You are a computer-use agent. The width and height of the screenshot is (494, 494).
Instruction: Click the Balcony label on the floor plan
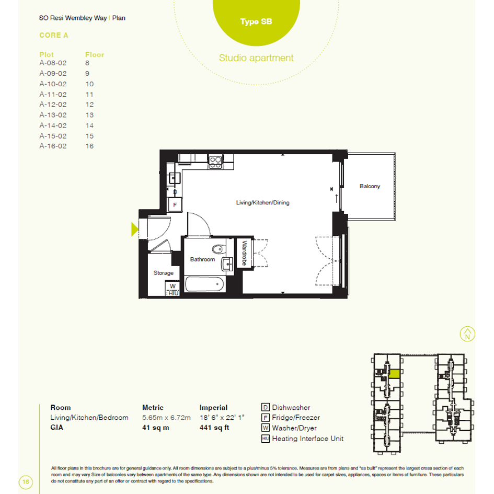[x=370, y=186]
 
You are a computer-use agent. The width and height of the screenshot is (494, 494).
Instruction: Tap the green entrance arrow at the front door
[x=134, y=229]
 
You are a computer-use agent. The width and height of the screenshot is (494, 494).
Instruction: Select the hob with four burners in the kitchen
[x=215, y=162]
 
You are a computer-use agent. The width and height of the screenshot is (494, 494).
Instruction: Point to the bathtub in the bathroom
[x=204, y=284]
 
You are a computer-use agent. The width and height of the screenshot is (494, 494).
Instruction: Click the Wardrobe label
[x=244, y=253]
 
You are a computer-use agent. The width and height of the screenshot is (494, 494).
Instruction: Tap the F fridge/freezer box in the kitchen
[x=175, y=205]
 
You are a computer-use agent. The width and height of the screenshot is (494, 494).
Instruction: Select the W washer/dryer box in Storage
[x=173, y=286]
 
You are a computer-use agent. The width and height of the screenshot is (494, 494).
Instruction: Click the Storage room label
[x=163, y=273]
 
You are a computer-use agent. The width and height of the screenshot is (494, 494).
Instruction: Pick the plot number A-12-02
[x=53, y=104]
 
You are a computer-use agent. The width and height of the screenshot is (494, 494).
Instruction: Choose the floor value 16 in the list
[x=89, y=146]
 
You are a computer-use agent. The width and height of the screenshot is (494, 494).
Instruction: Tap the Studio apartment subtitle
[x=256, y=58]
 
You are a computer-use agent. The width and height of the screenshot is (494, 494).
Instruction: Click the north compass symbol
[x=467, y=334]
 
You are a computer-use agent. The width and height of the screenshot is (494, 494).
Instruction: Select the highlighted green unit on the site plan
[x=395, y=374]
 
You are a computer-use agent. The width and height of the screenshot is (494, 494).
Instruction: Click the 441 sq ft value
[x=214, y=428]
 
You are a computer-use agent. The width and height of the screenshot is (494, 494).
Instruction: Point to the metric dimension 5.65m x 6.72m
[x=166, y=418]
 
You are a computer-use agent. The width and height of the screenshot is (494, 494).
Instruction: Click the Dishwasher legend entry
[x=286, y=407]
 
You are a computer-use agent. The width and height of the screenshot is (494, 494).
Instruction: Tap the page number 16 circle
[x=26, y=481]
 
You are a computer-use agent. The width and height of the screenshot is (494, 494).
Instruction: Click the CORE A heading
[x=53, y=36]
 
